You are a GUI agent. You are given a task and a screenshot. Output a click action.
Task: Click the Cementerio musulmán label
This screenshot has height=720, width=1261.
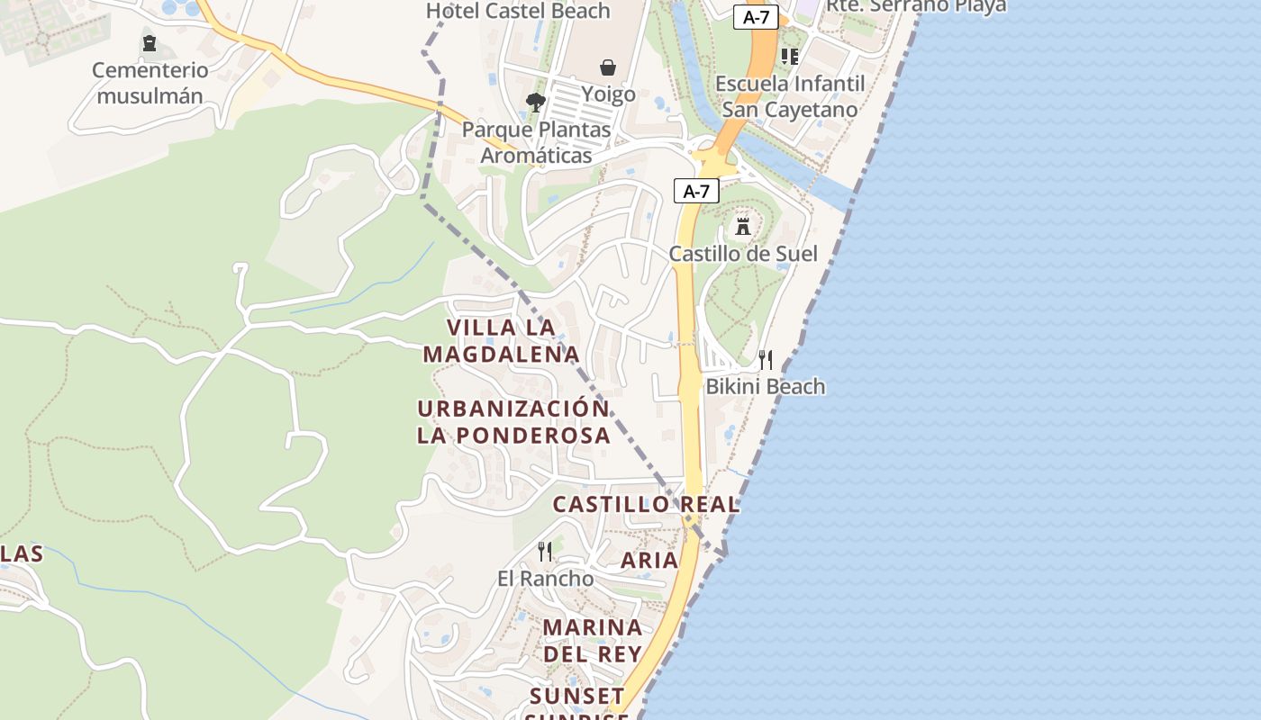pos(150,83)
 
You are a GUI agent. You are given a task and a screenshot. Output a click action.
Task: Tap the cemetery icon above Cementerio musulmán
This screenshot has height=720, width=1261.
pos(150,43)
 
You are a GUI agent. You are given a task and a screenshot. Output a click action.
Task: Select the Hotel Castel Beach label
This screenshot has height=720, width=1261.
pos(518,11)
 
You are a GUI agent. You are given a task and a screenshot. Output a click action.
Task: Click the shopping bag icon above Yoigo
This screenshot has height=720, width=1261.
pos(609,67)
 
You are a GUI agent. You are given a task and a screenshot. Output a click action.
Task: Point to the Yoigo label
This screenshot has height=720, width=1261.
pos(608,94)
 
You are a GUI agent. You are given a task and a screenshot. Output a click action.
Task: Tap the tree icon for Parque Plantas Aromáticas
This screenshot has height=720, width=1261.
pos(536,103)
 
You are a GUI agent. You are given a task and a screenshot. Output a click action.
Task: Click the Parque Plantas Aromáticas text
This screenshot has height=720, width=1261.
pos(536,142)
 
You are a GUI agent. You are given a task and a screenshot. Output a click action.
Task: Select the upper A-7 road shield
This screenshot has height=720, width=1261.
pos(755,17)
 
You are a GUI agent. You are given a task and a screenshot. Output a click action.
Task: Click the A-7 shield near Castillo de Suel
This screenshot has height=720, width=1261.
pos(696,191)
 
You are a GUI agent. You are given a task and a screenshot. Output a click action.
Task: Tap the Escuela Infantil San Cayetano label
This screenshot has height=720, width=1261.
pos(790,96)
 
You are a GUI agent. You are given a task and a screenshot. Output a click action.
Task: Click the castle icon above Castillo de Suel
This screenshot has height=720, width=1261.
pos(743,226)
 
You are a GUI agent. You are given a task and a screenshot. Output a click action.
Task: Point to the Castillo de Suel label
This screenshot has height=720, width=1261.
pos(743,254)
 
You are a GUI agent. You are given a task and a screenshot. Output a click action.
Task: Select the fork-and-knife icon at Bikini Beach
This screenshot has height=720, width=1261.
pos(766,360)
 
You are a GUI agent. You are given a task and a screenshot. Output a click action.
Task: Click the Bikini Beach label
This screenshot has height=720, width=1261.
pos(766,387)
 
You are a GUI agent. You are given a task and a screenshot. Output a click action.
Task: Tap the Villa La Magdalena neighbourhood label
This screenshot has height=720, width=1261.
pos(501,340)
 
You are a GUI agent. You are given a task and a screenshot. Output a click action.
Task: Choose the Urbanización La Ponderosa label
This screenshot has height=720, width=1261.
pos(513,421)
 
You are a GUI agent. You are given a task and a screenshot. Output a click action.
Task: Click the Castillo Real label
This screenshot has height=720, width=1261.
pos(646,504)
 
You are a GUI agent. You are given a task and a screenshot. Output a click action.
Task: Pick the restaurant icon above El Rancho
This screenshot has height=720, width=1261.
pos(545,551)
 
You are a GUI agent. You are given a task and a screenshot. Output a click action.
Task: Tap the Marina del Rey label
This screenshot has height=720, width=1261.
pos(593,640)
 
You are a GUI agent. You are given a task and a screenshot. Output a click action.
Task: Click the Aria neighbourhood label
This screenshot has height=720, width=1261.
pos(649,560)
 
